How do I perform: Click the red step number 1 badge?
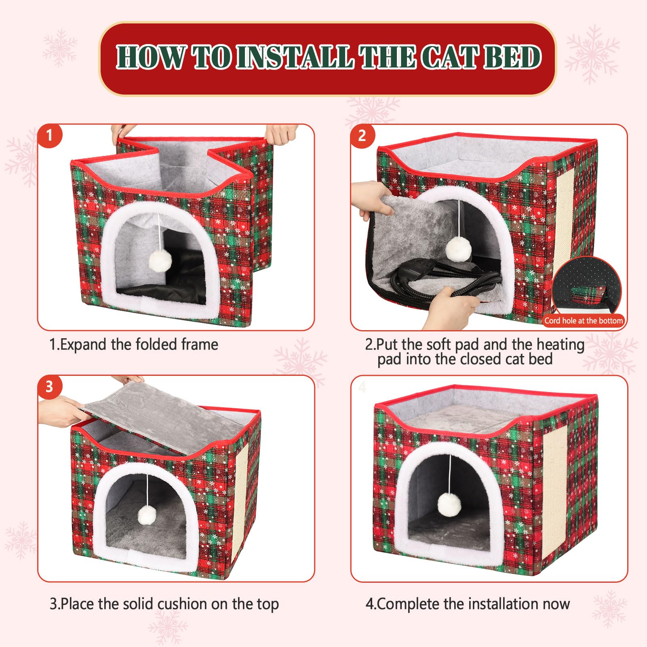tap(50, 135)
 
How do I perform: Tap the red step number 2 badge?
tap(362, 135)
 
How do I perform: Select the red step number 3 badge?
tap(50, 387)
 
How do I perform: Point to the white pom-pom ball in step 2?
tap(459, 249)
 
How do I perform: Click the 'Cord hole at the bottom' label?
tap(584, 320)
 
